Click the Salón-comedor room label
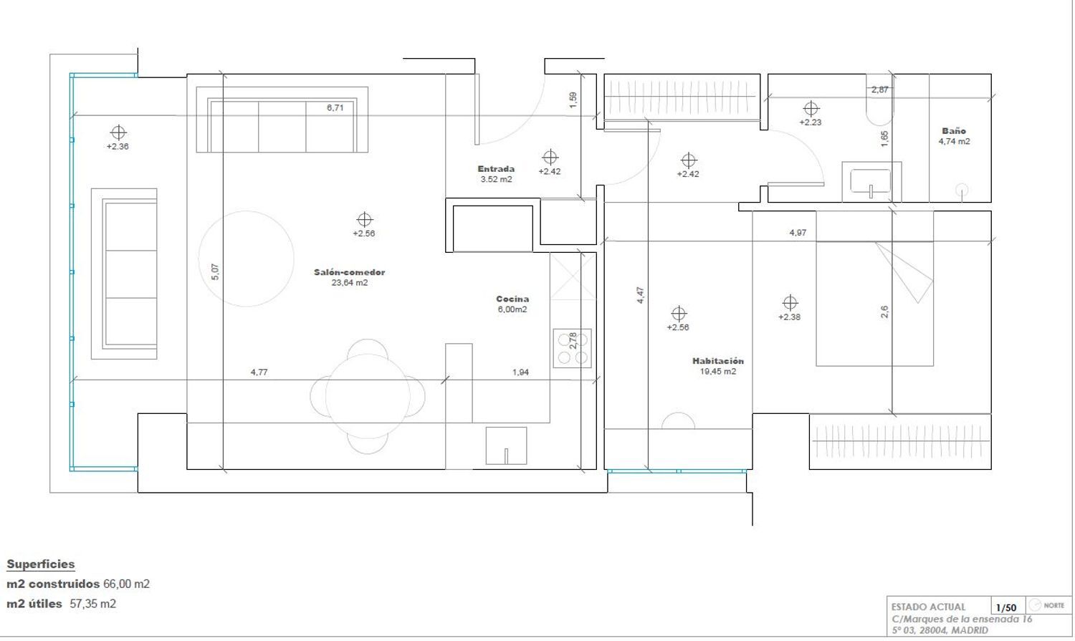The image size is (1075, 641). [x=350, y=272]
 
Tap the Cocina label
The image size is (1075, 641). [x=512, y=299]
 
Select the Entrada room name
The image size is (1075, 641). [x=496, y=169]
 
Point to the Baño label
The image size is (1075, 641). [x=954, y=131]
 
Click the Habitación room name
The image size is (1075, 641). [x=718, y=361]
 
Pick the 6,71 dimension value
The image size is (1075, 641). [x=335, y=108]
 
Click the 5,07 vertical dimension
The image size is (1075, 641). [x=215, y=272]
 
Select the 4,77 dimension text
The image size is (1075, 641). [x=259, y=372]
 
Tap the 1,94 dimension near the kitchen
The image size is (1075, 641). [x=521, y=372]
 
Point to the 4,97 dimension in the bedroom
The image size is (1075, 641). [x=798, y=233]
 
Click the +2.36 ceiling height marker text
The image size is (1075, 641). [x=118, y=147]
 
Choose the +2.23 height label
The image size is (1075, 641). [x=811, y=122]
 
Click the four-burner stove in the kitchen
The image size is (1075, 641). [x=572, y=349]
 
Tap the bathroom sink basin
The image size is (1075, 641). [x=871, y=181]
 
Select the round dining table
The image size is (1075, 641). [x=368, y=397]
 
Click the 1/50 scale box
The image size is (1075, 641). [x=1006, y=607]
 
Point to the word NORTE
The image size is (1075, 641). [x=1054, y=605]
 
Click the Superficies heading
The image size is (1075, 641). [x=41, y=564]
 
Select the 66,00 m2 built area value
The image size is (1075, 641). [x=127, y=584]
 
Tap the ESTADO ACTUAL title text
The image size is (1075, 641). [x=928, y=607]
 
